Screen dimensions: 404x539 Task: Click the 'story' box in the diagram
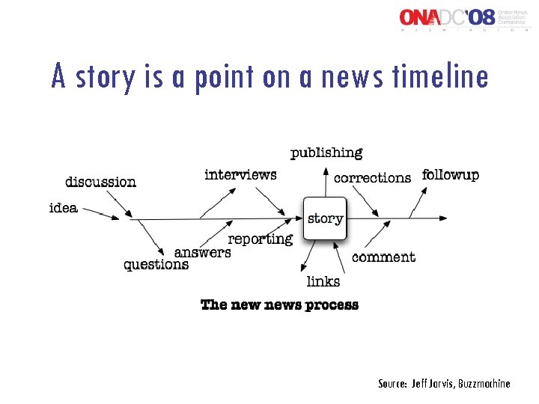click(325, 218)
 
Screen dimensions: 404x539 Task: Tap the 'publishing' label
click(326, 153)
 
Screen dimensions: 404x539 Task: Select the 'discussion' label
click(100, 182)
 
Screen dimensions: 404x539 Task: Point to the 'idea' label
click(63, 207)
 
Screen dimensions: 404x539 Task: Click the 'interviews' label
click(240, 174)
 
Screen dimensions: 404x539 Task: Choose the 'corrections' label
click(372, 178)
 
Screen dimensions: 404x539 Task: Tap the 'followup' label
click(451, 175)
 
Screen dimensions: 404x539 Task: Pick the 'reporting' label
click(260, 239)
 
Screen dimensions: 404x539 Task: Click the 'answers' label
click(202, 253)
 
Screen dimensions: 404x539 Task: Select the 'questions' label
click(156, 265)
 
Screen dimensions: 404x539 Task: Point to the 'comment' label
click(383, 257)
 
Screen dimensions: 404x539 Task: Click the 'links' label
click(323, 282)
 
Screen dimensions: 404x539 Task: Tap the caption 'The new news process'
click(279, 304)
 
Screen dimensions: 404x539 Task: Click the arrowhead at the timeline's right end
click(444, 218)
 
